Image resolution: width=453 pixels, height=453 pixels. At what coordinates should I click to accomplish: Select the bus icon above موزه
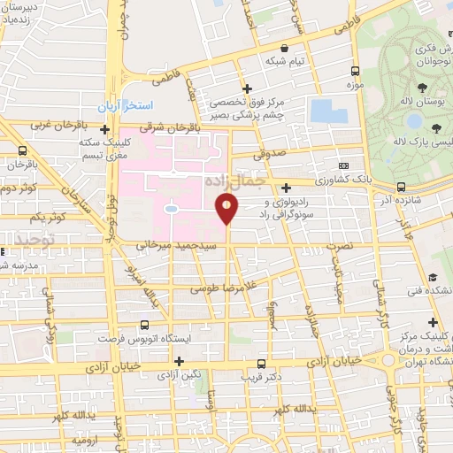355,72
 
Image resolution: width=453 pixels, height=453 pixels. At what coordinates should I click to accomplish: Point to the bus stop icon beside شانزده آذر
401,187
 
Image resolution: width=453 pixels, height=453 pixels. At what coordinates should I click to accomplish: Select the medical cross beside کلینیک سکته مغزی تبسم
105,130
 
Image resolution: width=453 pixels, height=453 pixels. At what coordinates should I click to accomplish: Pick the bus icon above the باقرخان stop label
22,151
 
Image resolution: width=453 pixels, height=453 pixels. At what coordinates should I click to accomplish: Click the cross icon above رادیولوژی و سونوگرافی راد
285,187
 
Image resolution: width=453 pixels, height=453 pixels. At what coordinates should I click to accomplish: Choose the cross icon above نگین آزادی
180,361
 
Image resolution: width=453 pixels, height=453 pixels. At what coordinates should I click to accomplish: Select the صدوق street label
273,152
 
